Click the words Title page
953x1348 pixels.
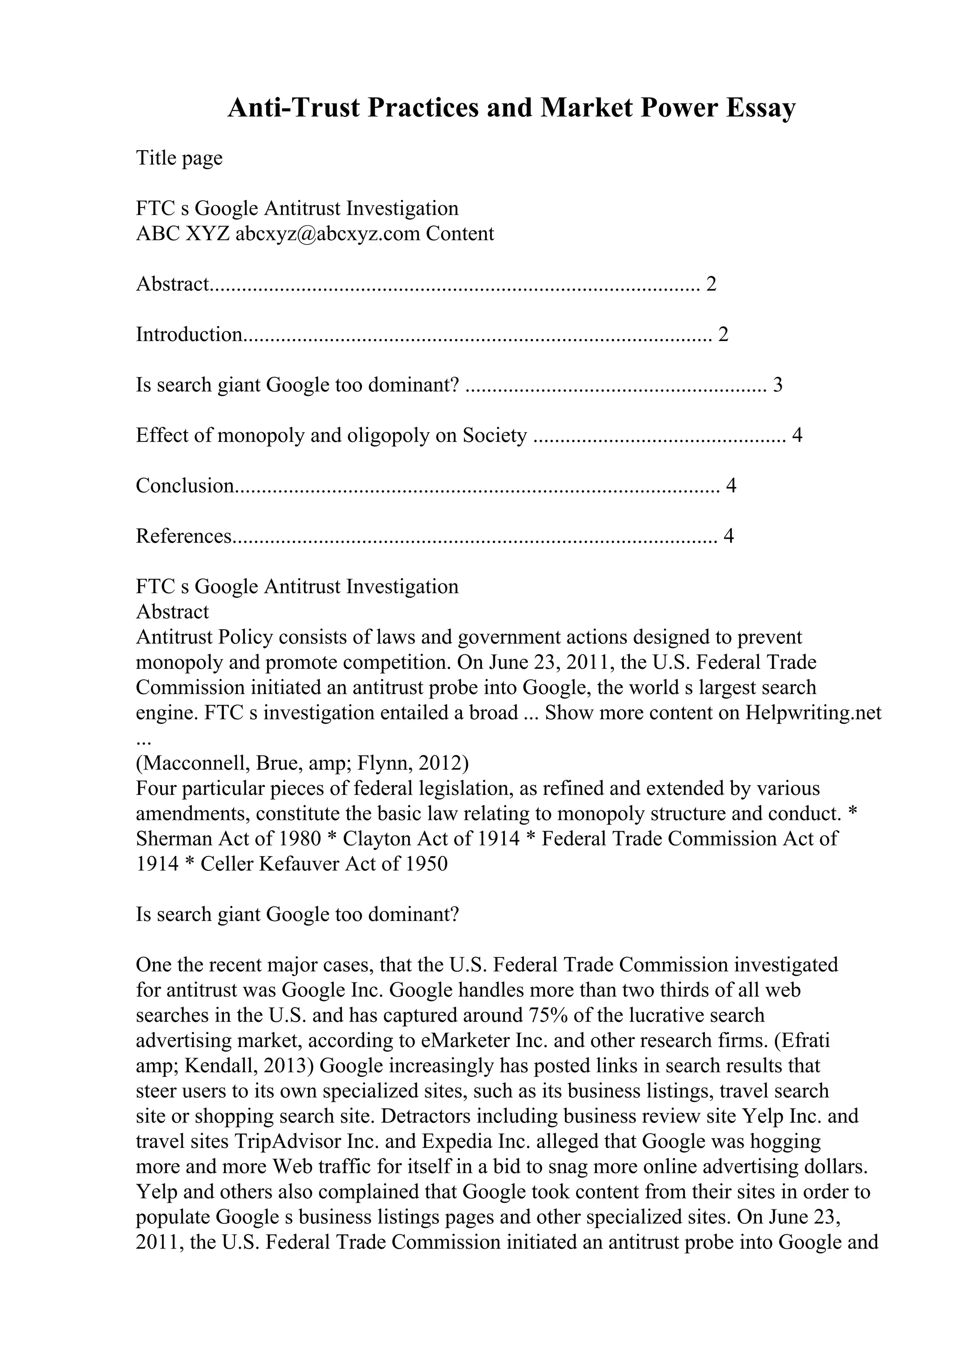(179, 158)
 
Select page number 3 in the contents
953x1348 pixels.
(778, 385)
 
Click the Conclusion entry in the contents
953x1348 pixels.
(185, 486)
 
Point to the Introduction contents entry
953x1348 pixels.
(189, 334)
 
